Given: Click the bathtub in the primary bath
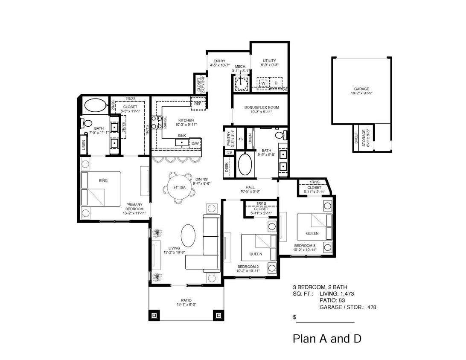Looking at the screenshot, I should (93, 105).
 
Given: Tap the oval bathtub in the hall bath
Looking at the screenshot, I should (245, 164).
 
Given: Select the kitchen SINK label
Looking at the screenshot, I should (182, 136).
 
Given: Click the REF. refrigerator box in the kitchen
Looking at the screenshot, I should (198, 103).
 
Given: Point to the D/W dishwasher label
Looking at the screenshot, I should (195, 143).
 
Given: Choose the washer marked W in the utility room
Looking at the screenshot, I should (264, 82).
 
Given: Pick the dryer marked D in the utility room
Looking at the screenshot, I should (276, 82).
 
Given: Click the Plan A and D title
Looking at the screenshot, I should (327, 339).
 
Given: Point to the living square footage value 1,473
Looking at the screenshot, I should (346, 293).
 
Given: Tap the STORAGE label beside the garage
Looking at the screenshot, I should (364, 138).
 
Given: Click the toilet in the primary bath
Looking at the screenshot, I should (88, 123).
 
